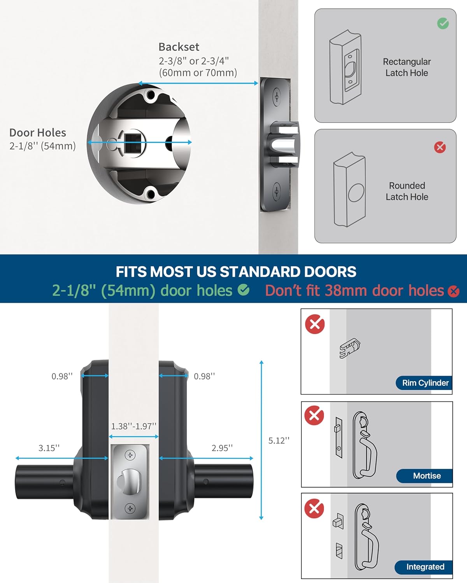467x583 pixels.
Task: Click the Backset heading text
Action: tap(179, 47)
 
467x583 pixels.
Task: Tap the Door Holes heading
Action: tap(38, 133)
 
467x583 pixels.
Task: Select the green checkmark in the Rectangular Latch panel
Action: tap(443, 23)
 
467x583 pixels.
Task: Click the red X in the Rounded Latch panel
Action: tap(440, 147)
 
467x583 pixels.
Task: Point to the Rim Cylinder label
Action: tap(425, 383)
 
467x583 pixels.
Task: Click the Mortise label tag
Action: tap(427, 476)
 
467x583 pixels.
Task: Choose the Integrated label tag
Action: tap(425, 567)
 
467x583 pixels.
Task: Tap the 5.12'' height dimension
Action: tap(279, 440)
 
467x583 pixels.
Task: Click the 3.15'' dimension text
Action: tap(49, 448)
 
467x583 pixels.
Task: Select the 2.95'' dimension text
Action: tap(222, 448)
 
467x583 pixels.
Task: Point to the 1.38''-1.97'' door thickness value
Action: tap(133, 426)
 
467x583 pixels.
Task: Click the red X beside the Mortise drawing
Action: tap(314, 415)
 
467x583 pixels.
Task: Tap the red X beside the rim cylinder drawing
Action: tap(315, 324)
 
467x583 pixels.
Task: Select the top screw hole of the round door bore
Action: tap(150, 94)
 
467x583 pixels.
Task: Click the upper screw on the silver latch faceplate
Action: tap(130, 455)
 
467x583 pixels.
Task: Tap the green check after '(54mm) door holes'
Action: tap(244, 290)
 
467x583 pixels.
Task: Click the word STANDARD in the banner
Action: tap(261, 272)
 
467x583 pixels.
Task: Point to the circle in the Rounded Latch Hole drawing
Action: tap(356, 193)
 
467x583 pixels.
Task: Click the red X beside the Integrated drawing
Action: tap(314, 508)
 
